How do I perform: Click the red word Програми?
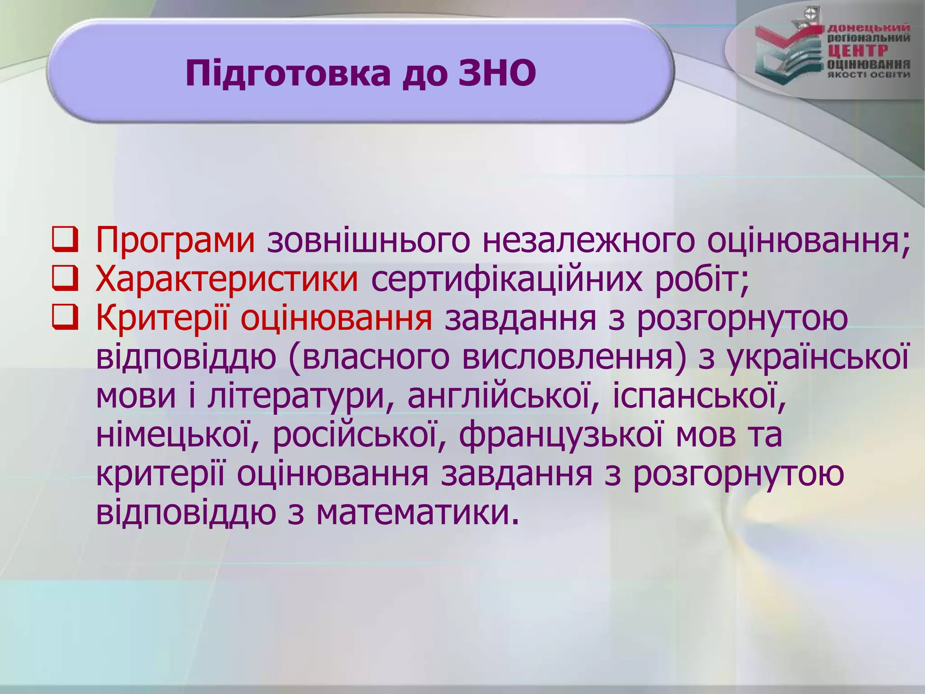pos(175,240)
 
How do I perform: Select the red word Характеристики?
pos(227,279)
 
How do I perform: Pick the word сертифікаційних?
pos(506,279)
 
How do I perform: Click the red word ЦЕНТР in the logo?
pos(857,51)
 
